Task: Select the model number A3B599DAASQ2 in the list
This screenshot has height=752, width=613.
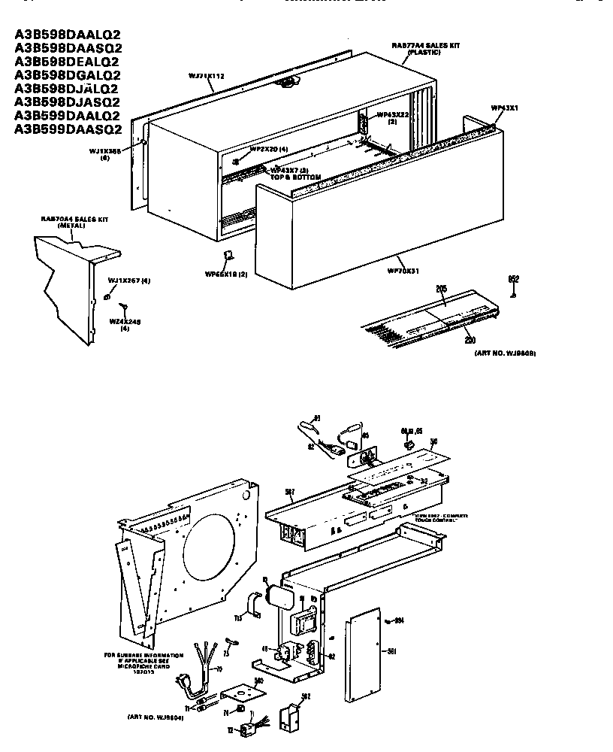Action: (x=68, y=129)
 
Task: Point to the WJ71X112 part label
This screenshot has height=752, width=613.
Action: (x=207, y=76)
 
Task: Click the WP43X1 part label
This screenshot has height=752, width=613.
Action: (x=505, y=108)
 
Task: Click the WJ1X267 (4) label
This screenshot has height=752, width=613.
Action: (x=129, y=280)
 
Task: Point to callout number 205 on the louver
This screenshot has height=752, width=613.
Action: (x=441, y=289)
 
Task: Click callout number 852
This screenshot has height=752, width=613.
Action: (x=514, y=279)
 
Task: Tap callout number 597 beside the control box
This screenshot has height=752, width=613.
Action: (x=290, y=492)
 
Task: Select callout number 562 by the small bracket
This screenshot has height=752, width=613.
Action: (x=304, y=696)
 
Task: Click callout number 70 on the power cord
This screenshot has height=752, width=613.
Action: (x=219, y=669)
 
